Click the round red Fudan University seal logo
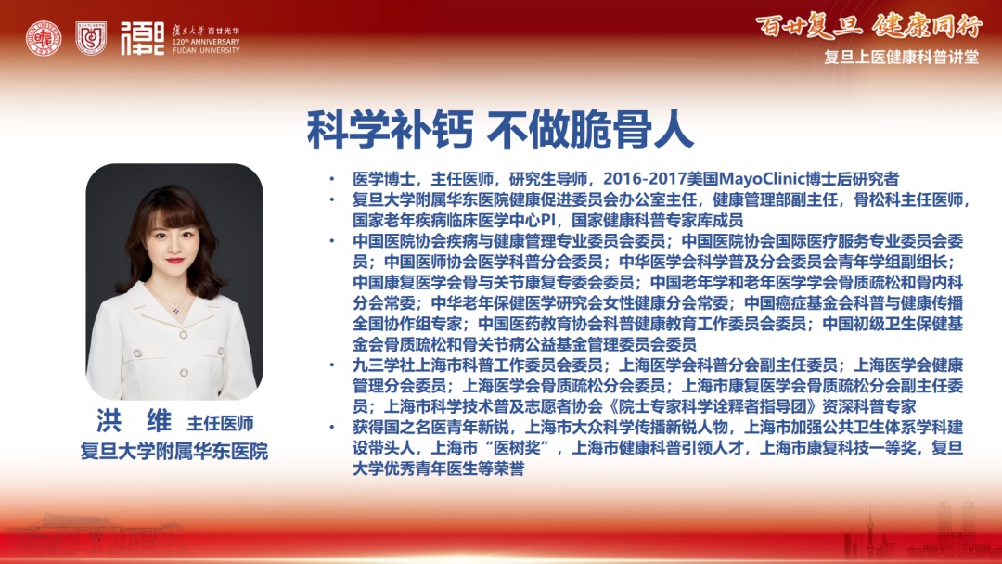tap(44, 38)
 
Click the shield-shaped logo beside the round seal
tap(91, 38)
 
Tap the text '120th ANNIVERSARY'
tap(206, 42)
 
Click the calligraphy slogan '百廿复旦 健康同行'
tap(868, 27)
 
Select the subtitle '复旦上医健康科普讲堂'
tap(901, 57)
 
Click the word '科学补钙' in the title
tap(390, 130)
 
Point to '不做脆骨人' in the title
tap(590, 130)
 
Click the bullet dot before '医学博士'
tap(331, 179)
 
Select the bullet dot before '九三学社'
tap(331, 365)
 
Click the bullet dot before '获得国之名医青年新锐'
tap(331, 428)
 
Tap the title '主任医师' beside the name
tap(220, 423)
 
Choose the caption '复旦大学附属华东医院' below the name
tap(173, 451)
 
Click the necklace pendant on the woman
tap(175, 311)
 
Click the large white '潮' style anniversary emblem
tap(143, 38)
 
